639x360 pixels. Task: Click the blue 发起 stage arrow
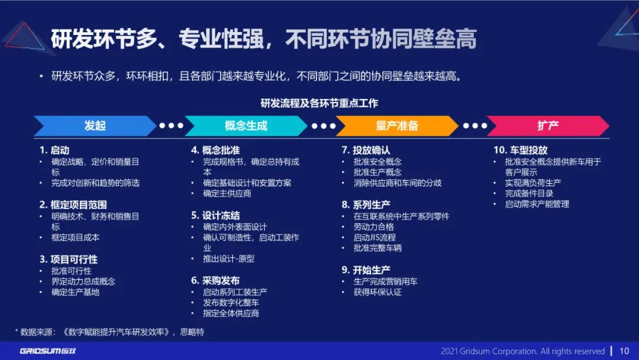(x=95, y=126)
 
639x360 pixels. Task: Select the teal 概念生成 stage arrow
(x=246, y=126)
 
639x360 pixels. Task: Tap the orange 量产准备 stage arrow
(x=397, y=126)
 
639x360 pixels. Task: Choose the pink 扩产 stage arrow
(x=548, y=126)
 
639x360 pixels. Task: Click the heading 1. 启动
(x=54, y=150)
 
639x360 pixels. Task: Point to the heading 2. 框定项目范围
(x=73, y=205)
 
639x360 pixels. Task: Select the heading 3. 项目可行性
(x=69, y=259)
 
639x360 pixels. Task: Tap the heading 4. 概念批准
(x=215, y=150)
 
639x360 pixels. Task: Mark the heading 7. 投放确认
(x=366, y=150)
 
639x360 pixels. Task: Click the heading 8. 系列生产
(x=366, y=205)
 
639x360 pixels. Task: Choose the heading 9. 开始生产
(x=366, y=270)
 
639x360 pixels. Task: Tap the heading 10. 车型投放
(x=521, y=150)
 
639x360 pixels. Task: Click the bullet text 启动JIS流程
(x=375, y=237)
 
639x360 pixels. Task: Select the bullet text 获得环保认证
(x=377, y=292)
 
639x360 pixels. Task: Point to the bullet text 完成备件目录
(x=529, y=194)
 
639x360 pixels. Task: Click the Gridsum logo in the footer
(x=48, y=351)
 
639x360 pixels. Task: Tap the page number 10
(x=624, y=351)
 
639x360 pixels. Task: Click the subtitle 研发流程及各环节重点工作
(x=319, y=103)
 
